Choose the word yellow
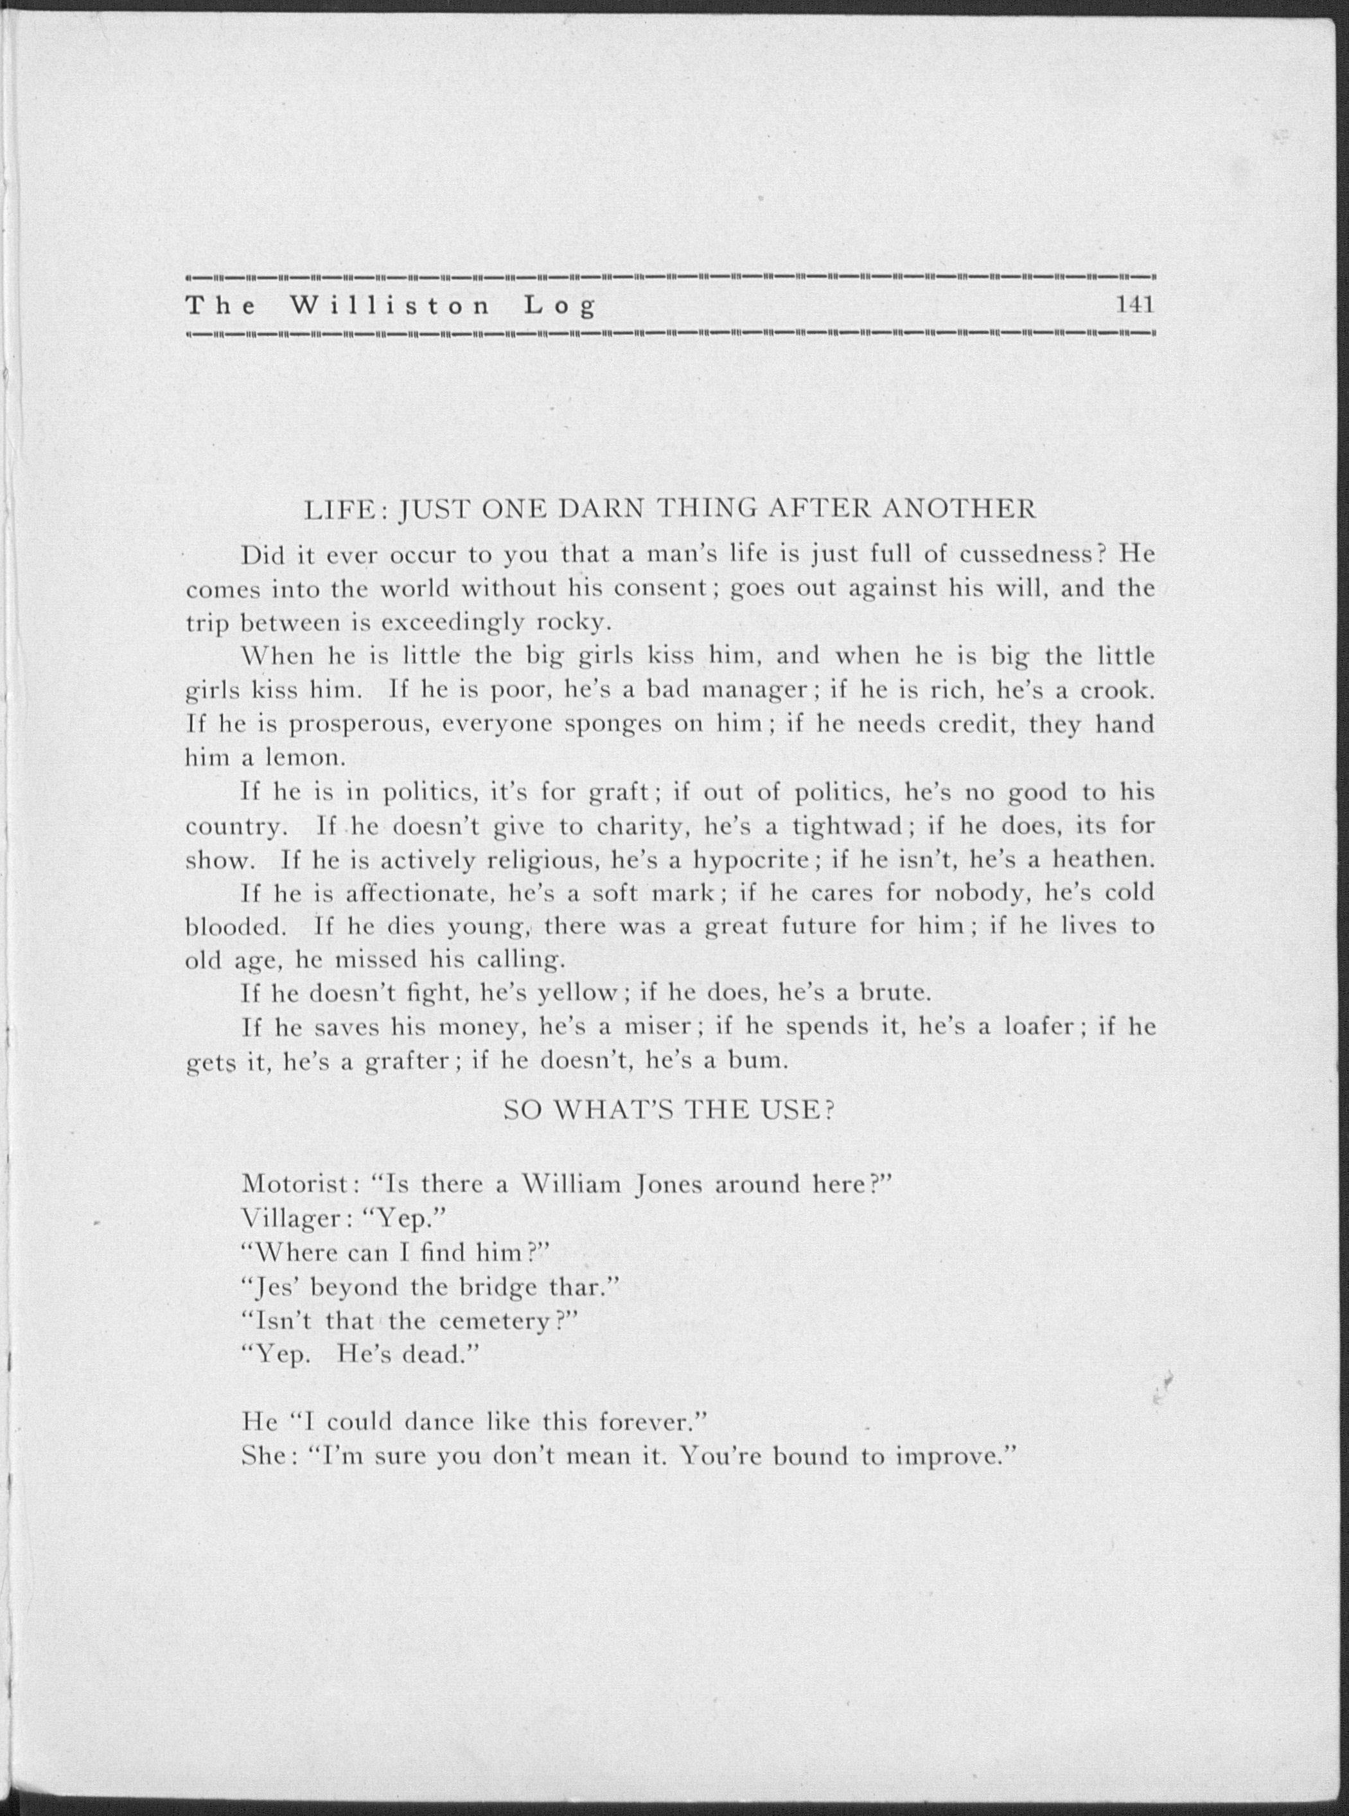pyautogui.click(x=579, y=994)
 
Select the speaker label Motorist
pyautogui.click(x=295, y=1184)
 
